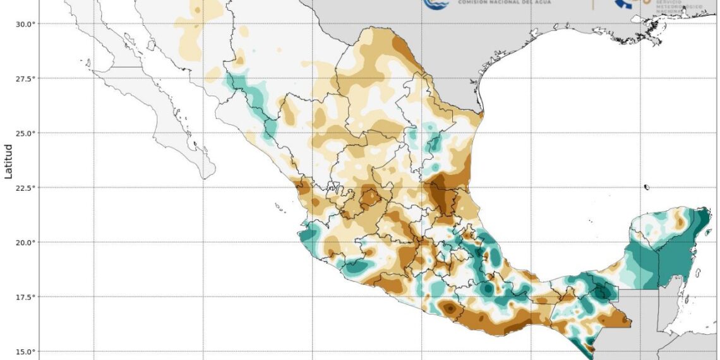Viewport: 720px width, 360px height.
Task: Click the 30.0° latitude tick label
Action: click(x=25, y=24)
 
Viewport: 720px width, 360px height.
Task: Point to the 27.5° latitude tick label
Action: click(x=25, y=78)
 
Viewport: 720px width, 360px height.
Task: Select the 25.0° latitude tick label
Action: click(x=25, y=133)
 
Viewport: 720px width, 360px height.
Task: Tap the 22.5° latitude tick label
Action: click(x=25, y=188)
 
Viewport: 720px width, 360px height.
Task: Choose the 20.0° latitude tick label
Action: click(x=25, y=243)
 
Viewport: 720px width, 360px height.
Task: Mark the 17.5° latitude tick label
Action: click(x=25, y=297)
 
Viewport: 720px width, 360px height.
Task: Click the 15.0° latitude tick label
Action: click(x=25, y=352)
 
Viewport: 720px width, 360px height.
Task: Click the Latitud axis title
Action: click(x=9, y=161)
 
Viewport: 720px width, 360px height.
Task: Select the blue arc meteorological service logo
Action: click(x=625, y=4)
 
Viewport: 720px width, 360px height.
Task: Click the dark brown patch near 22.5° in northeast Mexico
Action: click(x=440, y=193)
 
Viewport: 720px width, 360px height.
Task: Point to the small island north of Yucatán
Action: click(x=647, y=187)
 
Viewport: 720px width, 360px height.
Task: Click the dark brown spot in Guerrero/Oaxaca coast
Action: click(x=449, y=309)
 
